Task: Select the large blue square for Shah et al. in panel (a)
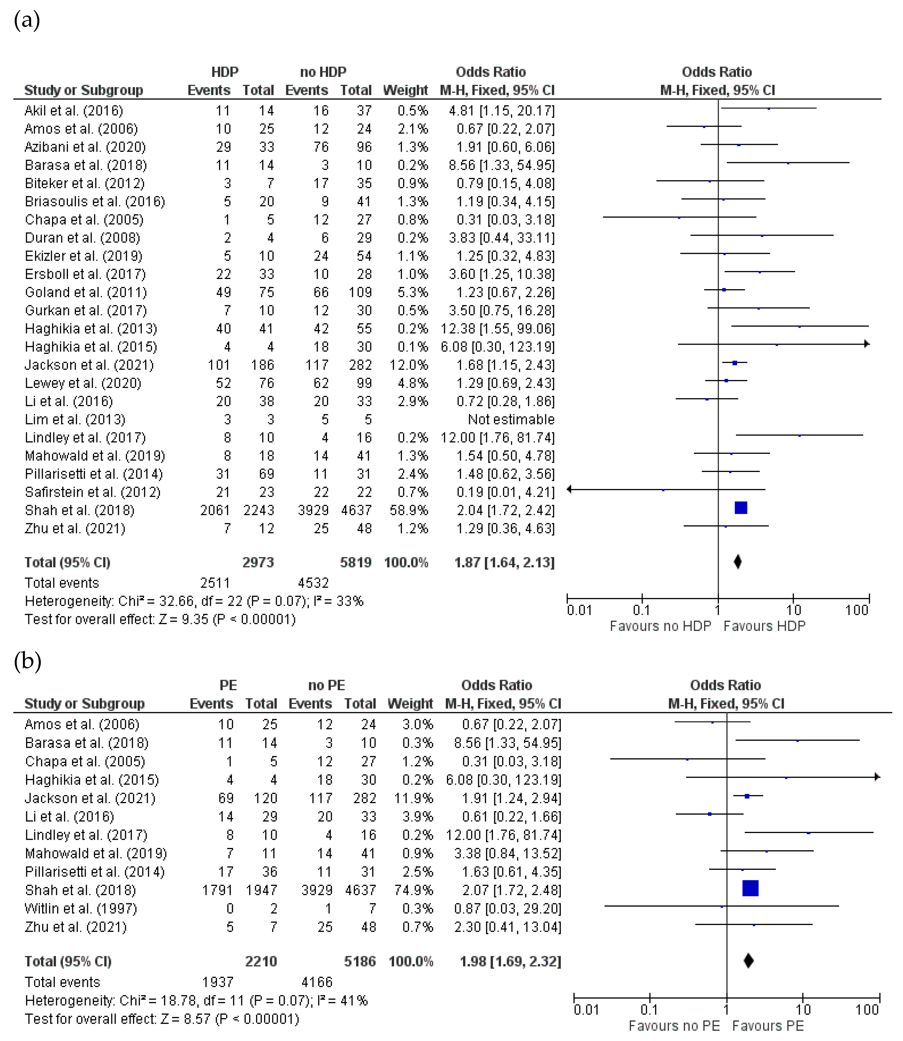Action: pos(741,508)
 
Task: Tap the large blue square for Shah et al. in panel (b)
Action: pos(750,888)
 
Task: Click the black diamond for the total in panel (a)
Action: pos(738,562)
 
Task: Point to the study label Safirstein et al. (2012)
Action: pos(93,492)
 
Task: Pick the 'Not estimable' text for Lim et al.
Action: pos(511,420)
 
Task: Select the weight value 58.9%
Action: pos(409,510)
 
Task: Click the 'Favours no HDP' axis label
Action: pos(660,626)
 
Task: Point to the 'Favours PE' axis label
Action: pos(768,1026)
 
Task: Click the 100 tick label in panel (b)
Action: pos(867,1010)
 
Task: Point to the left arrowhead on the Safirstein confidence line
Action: pos(570,489)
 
